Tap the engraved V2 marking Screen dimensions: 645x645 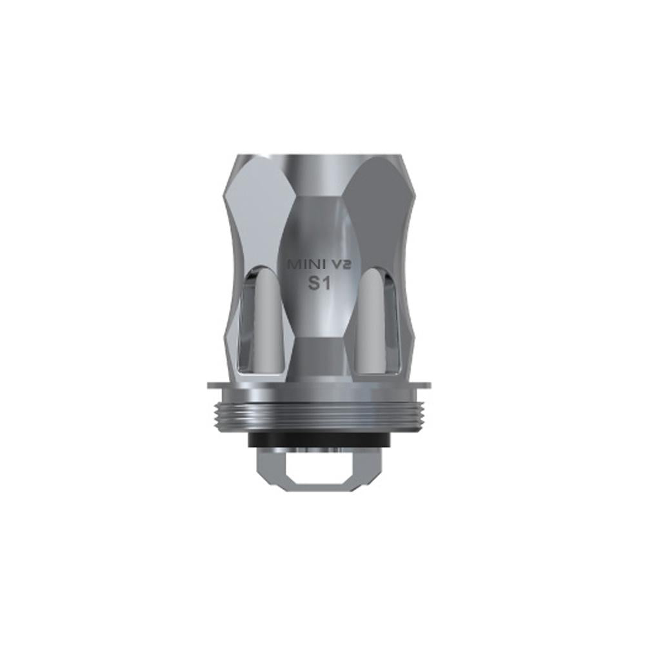[x=339, y=264]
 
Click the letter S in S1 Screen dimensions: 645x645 [x=312, y=284]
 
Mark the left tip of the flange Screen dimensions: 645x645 [x=209, y=387]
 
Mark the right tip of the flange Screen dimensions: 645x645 [x=428, y=387]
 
